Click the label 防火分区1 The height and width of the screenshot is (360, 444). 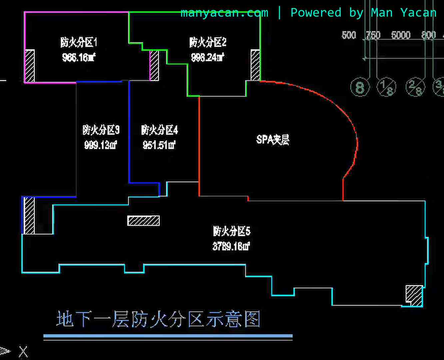[79, 43]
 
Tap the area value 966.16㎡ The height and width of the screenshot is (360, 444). [79, 58]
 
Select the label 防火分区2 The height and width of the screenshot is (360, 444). [208, 42]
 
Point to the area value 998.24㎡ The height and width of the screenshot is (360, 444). [208, 57]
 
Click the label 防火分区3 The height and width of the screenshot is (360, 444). [101, 130]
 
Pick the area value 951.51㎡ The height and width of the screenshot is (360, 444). [159, 145]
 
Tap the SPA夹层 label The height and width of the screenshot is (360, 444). [273, 139]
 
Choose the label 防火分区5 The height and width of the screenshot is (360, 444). [232, 231]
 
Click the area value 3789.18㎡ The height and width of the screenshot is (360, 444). [231, 246]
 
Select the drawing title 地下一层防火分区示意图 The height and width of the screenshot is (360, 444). [158, 319]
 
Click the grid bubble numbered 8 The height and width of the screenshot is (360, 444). [360, 88]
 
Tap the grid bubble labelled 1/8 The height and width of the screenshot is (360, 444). [386, 87]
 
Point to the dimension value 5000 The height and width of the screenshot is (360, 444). [400, 35]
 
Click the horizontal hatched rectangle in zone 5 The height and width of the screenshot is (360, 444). [144, 221]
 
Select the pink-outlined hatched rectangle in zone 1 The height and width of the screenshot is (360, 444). [154, 65]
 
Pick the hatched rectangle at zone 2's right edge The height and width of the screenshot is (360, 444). [255, 65]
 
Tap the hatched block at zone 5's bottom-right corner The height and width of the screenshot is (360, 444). [414, 295]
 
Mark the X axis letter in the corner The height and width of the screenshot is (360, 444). [23, 351]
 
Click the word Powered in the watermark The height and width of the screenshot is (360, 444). [316, 13]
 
